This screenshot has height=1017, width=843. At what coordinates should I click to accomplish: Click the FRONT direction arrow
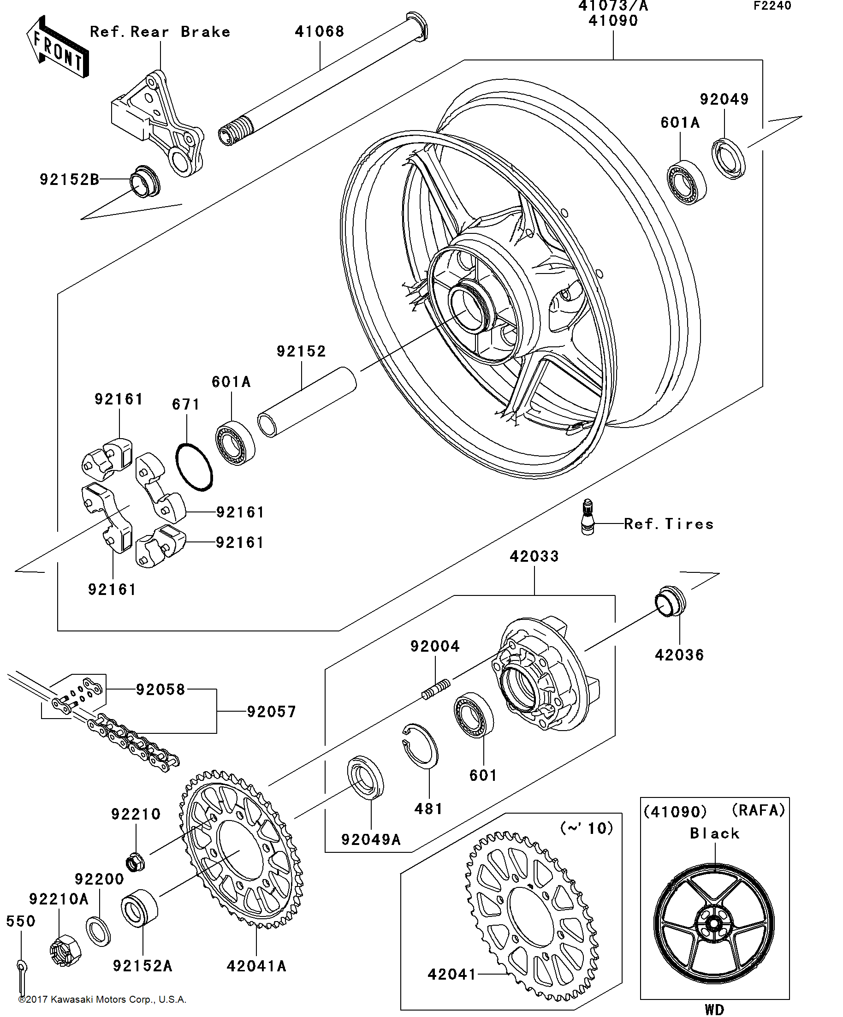pos(57,48)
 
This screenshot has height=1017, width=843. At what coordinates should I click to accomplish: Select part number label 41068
pos(320,31)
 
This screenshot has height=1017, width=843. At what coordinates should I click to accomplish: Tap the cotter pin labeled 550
pos(22,977)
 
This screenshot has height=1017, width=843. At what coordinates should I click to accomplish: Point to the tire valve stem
pos(588,517)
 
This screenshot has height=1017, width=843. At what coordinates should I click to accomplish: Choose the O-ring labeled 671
pos(194,467)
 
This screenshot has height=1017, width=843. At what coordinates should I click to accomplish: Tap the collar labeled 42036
pos(671,601)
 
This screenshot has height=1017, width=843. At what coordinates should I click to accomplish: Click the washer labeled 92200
pos(98,930)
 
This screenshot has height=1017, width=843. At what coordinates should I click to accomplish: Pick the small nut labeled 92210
pos(136,862)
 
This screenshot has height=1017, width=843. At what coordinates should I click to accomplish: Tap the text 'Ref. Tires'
pos(669,523)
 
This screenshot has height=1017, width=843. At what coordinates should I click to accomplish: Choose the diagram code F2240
pos(772,6)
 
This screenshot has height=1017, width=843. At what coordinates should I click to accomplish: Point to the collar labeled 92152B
pos(145,181)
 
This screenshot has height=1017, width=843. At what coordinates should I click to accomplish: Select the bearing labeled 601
pos(474,715)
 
